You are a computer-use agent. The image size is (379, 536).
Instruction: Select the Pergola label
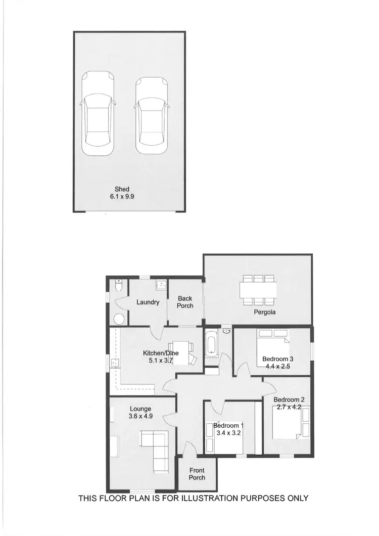point(264,312)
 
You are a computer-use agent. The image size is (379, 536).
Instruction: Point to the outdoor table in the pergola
point(258,289)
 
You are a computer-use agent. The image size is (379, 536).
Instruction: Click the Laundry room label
point(148,302)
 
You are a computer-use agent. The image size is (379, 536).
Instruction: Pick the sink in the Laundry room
point(162,285)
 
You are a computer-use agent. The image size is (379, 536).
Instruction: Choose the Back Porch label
point(185,302)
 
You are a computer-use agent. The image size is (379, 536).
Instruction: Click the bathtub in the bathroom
point(211,344)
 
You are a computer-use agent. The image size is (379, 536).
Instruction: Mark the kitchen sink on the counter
point(115,362)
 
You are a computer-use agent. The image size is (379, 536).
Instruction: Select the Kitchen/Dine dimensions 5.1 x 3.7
point(161,361)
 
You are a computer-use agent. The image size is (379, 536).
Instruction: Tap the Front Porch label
point(197,474)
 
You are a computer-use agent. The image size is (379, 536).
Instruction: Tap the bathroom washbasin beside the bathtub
point(227,331)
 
